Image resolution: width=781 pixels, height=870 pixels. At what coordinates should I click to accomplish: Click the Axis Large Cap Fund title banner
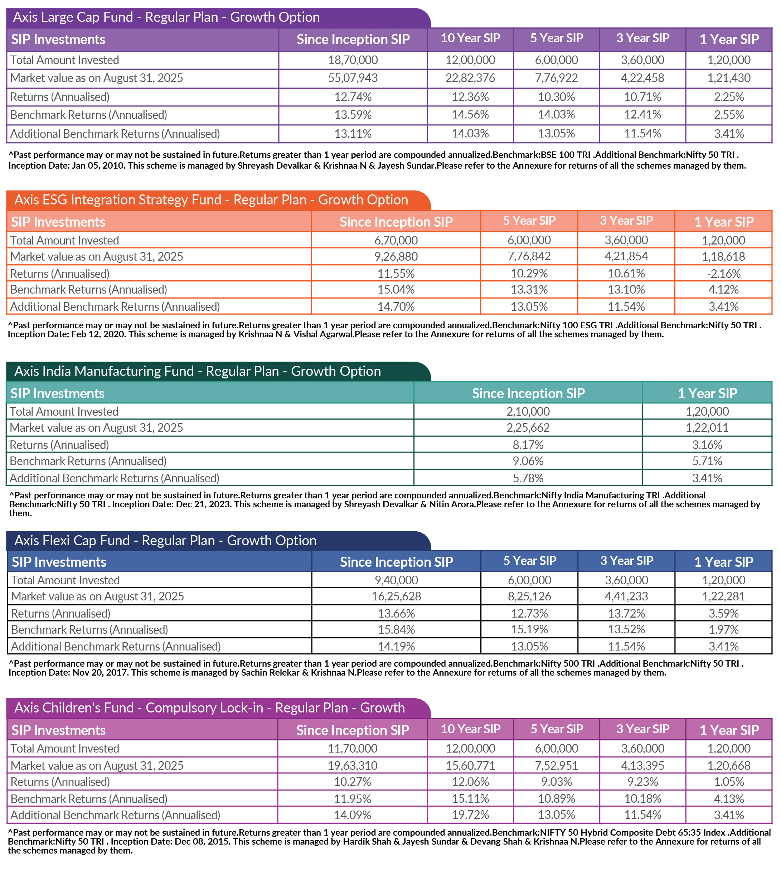166,18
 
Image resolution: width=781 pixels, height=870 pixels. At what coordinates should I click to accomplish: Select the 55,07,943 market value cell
353,78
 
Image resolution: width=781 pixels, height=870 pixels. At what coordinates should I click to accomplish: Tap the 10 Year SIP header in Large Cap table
470,39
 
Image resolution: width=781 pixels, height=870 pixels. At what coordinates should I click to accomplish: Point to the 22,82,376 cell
470,78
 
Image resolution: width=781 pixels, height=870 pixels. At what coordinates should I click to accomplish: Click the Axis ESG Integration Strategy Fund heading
211,200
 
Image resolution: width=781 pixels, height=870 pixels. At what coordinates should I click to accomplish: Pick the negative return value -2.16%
723,274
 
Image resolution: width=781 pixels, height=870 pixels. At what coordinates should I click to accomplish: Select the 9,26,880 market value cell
396,257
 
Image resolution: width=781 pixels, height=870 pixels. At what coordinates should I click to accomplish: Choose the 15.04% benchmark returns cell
396,290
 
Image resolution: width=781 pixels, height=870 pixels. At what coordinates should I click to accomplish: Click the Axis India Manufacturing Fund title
197,371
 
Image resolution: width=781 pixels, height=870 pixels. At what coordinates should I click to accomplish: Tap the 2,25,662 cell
528,428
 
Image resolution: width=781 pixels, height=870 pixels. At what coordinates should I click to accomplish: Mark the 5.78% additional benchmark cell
528,478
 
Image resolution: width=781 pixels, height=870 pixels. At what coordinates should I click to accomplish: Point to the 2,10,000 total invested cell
528,412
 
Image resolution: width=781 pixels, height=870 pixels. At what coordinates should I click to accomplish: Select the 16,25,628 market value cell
396,596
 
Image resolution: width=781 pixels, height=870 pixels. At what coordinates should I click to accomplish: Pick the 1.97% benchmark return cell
723,630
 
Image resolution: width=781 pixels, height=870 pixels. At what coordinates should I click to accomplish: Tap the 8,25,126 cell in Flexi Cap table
529,596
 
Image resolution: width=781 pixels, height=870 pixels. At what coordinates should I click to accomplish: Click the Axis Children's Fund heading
209,708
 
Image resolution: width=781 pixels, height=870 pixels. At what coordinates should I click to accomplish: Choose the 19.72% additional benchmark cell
470,815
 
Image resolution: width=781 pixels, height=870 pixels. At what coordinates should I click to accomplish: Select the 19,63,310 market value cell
353,766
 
